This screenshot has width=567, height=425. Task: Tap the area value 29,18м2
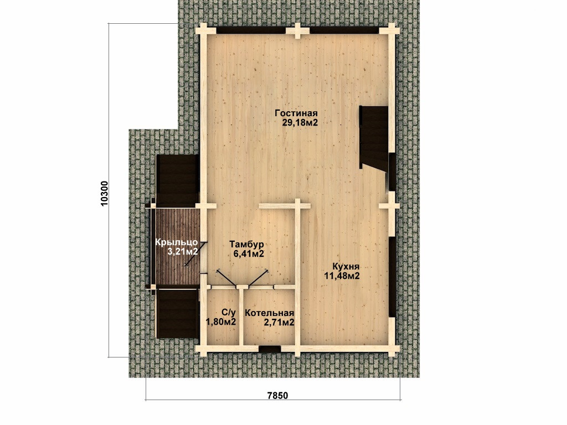pos(300,123)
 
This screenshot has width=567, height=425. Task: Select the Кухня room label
pos(346,267)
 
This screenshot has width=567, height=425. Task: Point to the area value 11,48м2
pos(342,277)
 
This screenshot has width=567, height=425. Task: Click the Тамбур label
pos(246,244)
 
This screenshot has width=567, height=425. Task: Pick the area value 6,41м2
pos(249,253)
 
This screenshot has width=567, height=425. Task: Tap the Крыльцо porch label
pos(177,242)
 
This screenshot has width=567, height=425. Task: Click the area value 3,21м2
pos(183,252)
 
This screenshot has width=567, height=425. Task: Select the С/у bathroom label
pos(229,312)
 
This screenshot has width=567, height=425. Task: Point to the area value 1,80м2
pos(221,322)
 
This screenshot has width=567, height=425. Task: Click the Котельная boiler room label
pos(270,313)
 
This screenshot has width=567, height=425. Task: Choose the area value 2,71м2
pos(279,323)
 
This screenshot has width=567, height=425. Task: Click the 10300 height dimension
pos(104,193)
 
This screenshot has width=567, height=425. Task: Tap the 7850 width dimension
pos(278,395)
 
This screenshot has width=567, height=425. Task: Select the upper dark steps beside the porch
pos(177,181)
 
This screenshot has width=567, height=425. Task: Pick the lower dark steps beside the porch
pos(177,314)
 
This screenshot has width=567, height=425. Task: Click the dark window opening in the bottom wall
pos(270,349)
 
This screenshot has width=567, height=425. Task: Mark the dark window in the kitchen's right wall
pos(393,277)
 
